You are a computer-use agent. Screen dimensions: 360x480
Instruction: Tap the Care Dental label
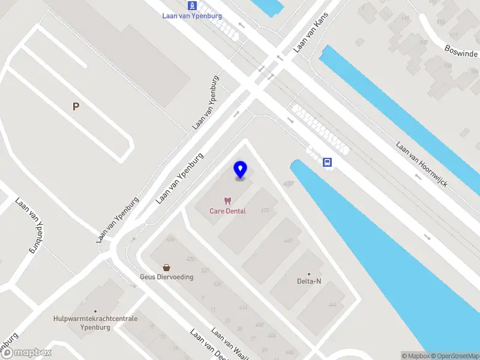pyautogui.click(x=227, y=211)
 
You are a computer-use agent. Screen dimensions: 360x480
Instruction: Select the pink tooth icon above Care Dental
pyautogui.click(x=227, y=201)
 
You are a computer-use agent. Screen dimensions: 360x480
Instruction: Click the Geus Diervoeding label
pyautogui.click(x=166, y=277)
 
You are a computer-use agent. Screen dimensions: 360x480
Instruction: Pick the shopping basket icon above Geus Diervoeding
pyautogui.click(x=166, y=267)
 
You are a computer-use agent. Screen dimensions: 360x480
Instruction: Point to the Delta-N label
pyautogui.click(x=309, y=281)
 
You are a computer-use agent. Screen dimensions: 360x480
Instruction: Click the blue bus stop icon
pyautogui.click(x=328, y=162)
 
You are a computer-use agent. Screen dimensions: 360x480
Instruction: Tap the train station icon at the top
pyautogui.click(x=191, y=5)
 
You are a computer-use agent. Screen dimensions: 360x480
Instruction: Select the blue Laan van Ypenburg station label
pyautogui.click(x=191, y=16)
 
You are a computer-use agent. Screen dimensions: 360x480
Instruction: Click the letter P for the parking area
pyautogui.click(x=76, y=107)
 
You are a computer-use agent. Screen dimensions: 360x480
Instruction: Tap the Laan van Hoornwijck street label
pyautogui.click(x=421, y=164)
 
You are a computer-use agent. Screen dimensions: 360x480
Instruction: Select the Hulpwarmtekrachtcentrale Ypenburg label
pyautogui.click(x=95, y=322)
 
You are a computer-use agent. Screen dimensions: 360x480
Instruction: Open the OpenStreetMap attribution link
pyautogui.click(x=454, y=356)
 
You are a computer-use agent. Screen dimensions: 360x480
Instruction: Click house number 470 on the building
pyautogui.click(x=265, y=211)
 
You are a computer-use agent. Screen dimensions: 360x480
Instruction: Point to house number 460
pyautogui.click(x=288, y=241)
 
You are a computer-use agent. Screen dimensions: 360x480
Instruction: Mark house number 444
pyautogui.click(x=332, y=305)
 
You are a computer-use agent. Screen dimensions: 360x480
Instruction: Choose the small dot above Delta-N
pyautogui.click(x=309, y=273)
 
